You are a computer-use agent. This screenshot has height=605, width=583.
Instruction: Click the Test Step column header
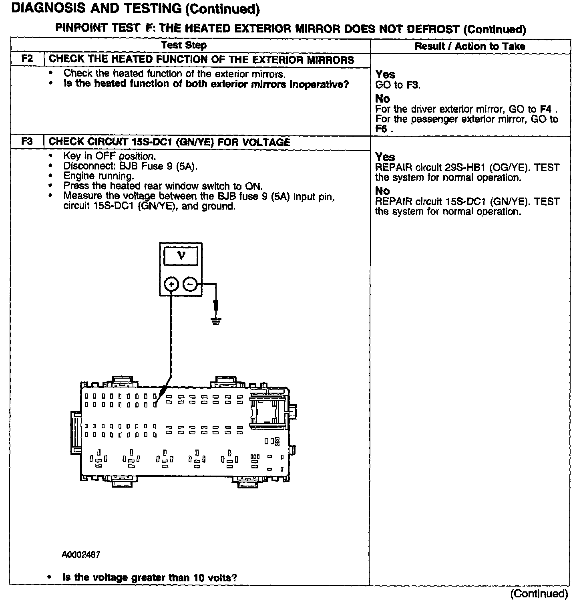[184, 45]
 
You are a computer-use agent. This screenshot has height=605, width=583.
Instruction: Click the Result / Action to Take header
[469, 46]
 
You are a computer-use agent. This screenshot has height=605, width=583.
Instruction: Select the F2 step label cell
[27, 59]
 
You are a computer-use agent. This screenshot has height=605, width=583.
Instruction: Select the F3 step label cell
[27, 142]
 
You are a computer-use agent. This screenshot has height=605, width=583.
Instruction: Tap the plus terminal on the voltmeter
[171, 284]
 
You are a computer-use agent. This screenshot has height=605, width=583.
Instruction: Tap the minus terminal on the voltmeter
[190, 284]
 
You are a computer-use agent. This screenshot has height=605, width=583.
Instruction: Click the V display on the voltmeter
[181, 256]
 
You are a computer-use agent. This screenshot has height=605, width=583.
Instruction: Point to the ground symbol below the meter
[216, 321]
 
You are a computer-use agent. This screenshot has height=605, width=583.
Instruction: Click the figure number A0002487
[81, 555]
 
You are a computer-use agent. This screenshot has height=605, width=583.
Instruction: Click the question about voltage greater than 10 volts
[149, 577]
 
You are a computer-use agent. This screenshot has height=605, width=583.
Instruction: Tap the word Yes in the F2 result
[385, 75]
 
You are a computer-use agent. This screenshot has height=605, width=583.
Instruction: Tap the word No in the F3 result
[382, 191]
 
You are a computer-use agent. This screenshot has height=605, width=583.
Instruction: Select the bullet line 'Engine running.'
[99, 176]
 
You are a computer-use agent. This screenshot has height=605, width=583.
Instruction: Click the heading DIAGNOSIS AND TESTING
[135, 9]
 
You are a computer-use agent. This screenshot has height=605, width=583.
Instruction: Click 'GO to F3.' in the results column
[398, 85]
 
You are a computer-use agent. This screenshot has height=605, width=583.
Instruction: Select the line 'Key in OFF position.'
[109, 156]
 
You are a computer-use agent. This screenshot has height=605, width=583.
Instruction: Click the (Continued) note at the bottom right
[539, 594]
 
